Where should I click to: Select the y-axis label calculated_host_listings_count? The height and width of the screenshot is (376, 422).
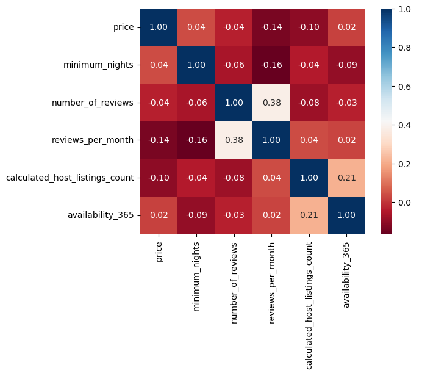click(70, 178)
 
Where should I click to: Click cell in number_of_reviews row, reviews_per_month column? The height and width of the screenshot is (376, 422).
click(271, 103)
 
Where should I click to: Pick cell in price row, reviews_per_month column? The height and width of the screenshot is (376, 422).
click(271, 27)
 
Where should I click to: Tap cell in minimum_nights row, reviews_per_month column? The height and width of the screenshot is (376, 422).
click(271, 65)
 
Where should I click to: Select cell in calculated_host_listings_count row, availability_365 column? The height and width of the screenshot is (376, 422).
click(346, 178)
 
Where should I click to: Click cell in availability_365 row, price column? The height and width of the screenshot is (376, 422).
click(159, 215)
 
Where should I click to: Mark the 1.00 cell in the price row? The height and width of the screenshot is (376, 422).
click(159, 27)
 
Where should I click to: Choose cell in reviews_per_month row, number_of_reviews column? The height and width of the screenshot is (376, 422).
click(234, 140)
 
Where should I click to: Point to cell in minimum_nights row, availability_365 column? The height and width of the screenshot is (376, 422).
click(346, 65)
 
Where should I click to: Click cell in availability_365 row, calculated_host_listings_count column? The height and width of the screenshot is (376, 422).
click(309, 215)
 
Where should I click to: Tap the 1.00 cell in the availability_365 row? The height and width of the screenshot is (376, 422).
click(346, 215)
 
